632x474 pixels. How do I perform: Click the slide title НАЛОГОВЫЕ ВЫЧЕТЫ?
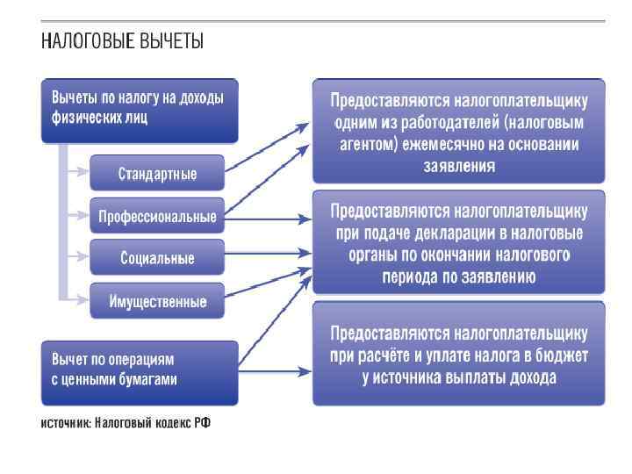coord(122,40)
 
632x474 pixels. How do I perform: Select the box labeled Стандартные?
coord(157,173)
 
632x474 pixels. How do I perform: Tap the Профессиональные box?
coord(157,216)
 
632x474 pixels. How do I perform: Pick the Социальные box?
coord(157,258)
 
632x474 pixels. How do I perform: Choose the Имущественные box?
coord(157,301)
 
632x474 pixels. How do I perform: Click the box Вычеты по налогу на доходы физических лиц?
coord(139,110)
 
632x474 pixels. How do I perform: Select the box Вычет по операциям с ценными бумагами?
coord(139,369)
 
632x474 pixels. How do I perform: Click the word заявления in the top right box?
coord(459,164)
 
